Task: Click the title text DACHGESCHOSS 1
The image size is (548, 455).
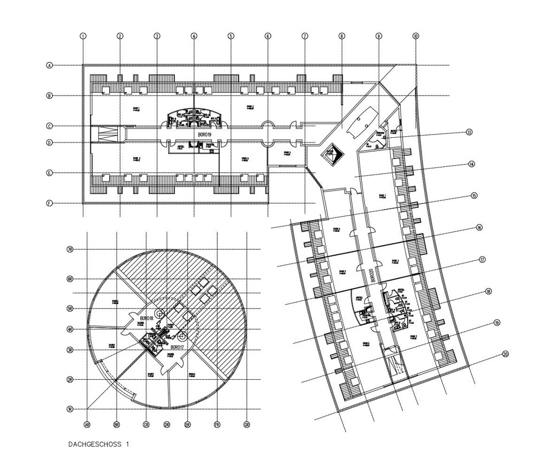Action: (99, 443)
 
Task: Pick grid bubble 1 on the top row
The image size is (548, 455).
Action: (83, 36)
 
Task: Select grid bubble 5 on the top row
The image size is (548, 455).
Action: (231, 36)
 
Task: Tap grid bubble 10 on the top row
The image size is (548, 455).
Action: (415, 36)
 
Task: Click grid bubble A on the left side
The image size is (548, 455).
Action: (49, 65)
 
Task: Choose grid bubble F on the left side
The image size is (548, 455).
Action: (49, 204)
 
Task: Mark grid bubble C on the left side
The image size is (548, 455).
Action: (49, 126)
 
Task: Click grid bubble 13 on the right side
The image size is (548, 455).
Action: (469, 132)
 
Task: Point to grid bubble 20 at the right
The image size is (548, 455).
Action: (505, 354)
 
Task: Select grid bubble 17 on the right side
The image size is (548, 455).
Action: (482, 260)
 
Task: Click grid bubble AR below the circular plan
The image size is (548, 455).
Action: (87, 424)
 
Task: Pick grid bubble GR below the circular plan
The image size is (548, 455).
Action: (247, 424)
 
